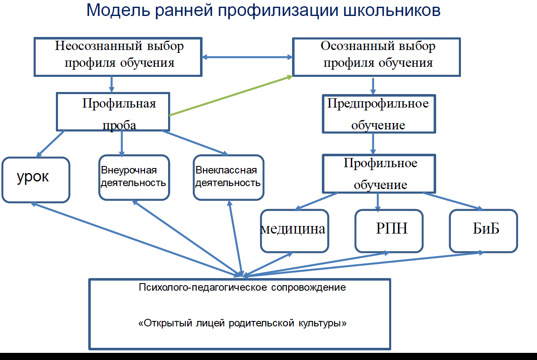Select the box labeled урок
tap(35, 179)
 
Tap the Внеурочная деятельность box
tap(134, 177)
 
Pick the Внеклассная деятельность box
tap(228, 177)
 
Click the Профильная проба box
tap(113, 112)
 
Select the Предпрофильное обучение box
tap(379, 114)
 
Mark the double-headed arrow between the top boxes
tap(247, 57)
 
